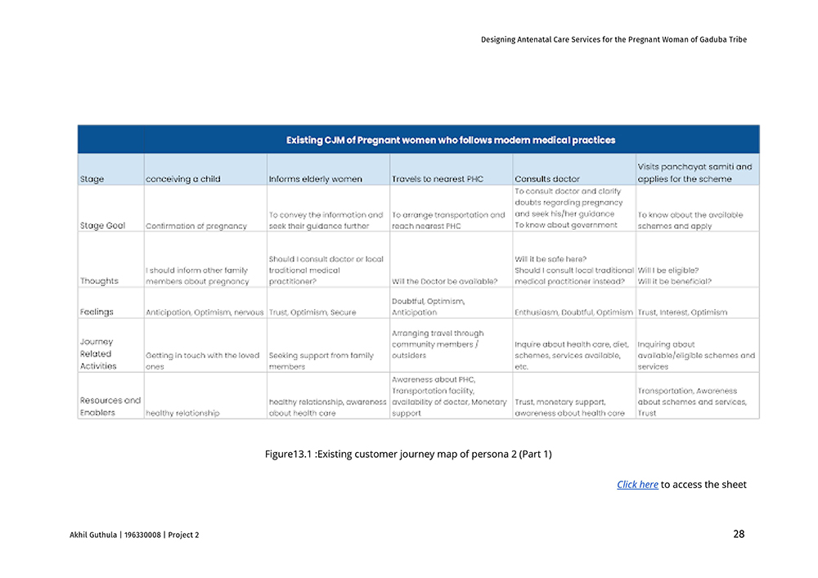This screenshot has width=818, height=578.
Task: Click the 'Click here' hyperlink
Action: point(637,485)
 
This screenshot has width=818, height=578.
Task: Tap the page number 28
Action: point(739,534)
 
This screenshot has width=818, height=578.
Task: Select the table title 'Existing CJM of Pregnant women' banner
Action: point(451,140)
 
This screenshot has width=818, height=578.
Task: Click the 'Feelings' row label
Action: point(97,312)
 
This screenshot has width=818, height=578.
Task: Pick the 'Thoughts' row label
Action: point(99,281)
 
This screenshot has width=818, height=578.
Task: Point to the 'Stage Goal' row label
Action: point(102,226)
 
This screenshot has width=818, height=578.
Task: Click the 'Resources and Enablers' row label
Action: point(110,406)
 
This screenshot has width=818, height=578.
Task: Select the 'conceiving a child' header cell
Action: point(183,179)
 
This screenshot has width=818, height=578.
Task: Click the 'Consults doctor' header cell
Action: point(547,179)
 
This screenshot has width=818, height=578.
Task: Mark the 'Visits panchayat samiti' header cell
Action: point(694,173)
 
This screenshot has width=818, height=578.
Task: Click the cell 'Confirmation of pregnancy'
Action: point(196,226)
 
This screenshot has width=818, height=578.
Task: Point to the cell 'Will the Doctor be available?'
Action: point(445,281)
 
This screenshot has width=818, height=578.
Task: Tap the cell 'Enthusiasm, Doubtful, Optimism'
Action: point(573,312)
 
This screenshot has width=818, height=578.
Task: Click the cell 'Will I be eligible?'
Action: point(668,270)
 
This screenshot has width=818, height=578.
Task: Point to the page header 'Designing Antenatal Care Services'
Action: point(613,39)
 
